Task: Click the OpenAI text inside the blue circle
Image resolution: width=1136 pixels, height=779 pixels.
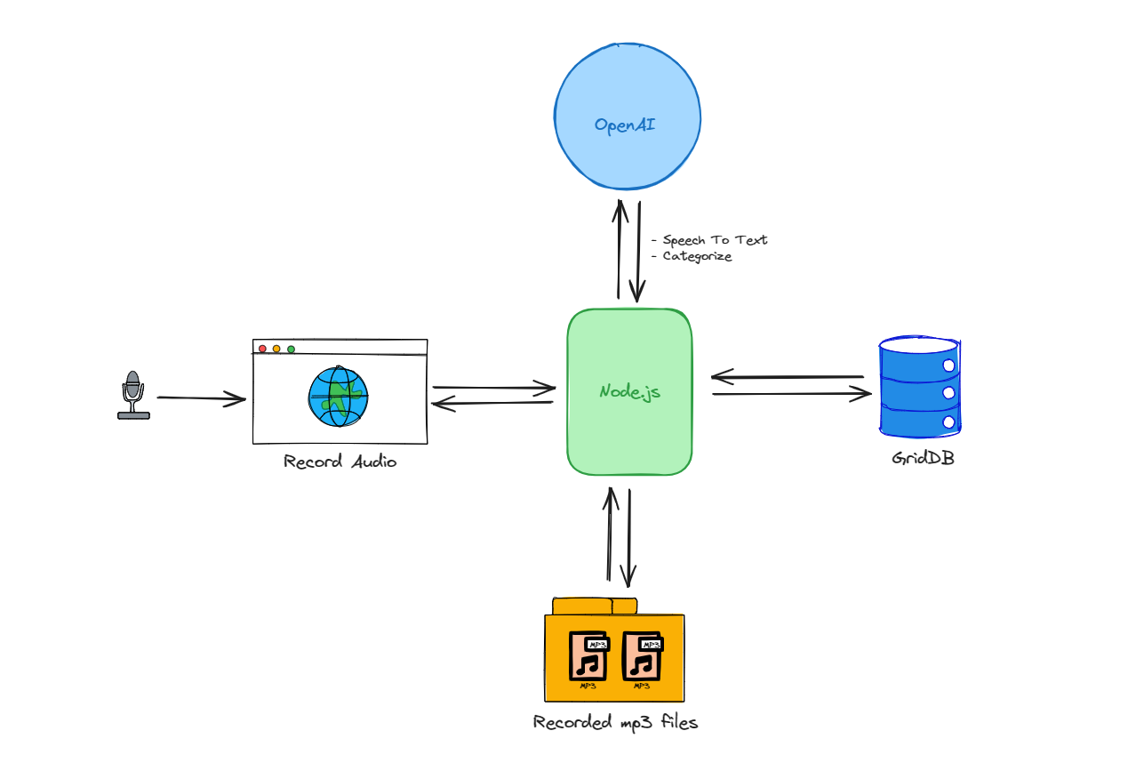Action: coord(625,124)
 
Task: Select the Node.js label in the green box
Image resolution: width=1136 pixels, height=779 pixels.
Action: coord(629,391)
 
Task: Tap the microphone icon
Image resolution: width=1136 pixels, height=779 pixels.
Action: coord(133,395)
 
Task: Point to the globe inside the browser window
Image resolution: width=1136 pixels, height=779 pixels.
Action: coord(339,397)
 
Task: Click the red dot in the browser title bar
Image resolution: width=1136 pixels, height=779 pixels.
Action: coord(262,349)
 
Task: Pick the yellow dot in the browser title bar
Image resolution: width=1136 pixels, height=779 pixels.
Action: coord(276,349)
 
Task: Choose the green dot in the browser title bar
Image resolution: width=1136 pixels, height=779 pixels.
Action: coord(291,349)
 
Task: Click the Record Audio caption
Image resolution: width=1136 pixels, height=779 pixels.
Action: coord(340,462)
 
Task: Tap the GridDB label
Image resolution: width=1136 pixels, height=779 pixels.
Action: coord(923,460)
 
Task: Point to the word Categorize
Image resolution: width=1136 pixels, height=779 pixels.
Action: coord(697,256)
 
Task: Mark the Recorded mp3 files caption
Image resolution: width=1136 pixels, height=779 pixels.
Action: coord(615,722)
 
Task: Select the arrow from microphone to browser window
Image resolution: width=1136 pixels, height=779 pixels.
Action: coord(201,398)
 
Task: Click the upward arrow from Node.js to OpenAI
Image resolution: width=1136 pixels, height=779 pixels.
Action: coord(619,249)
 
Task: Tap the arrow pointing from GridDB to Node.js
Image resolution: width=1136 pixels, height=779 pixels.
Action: coord(788,377)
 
